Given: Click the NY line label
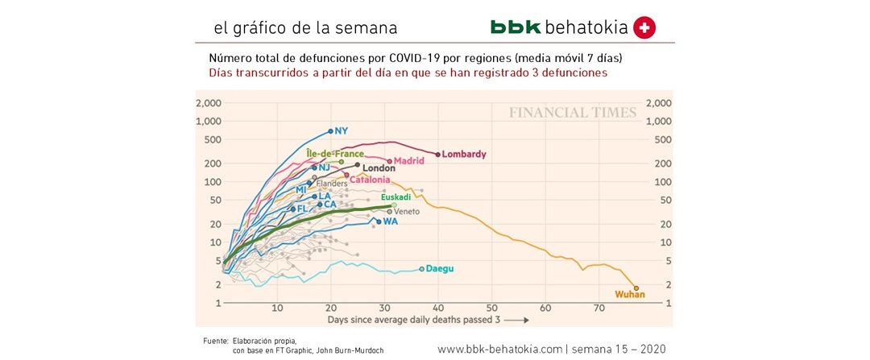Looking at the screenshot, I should tap(341, 130).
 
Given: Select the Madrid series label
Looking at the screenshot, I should tap(409, 161).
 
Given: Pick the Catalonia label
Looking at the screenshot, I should tap(370, 180).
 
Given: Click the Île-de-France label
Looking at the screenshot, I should tap(335, 153).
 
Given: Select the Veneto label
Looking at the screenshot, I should tap(407, 211).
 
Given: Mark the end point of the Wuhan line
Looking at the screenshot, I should tap(636, 288).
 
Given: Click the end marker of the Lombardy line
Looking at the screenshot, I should tap(438, 154).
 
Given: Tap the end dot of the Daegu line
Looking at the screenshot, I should tap(421, 269).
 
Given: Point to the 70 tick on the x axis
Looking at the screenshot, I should tap(599, 308).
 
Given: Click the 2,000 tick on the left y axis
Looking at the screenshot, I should tap(210, 104).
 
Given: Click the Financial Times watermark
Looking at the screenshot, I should tap(572, 113).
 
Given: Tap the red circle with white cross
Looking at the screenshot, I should tap(644, 27).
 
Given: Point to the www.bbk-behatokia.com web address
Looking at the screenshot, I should tap(499, 349).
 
